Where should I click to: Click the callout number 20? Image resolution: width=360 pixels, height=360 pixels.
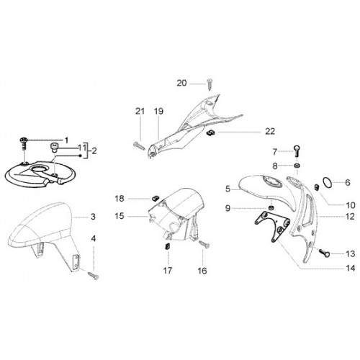point(181,83)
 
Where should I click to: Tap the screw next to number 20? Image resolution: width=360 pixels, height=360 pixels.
point(210,84)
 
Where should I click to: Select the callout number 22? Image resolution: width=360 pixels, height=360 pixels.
point(270,131)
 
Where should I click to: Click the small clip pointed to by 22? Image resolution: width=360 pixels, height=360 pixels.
point(210,132)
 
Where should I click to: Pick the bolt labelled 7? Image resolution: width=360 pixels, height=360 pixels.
point(297,151)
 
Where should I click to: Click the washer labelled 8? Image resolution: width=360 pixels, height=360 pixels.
point(297,166)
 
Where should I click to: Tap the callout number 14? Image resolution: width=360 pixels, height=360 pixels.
point(351,268)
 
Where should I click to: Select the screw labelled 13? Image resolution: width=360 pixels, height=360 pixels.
point(324,253)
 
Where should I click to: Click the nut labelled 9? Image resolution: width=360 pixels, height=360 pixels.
point(271,207)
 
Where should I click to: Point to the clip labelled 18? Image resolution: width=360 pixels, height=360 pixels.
point(156,198)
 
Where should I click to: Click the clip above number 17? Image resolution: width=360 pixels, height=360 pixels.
point(168,246)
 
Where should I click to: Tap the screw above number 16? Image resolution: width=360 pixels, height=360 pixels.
point(204,244)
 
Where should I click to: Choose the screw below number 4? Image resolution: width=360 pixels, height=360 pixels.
point(94,276)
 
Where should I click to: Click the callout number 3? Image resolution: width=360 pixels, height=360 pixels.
point(93,217)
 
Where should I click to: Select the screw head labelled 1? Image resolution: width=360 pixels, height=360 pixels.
point(23,140)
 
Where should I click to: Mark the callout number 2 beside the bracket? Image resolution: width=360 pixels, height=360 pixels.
point(94,151)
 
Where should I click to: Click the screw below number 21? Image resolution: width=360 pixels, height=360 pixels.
point(139,145)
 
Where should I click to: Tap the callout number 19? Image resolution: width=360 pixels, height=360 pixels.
point(158,111)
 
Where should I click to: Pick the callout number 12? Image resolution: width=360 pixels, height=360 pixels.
point(351,217)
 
